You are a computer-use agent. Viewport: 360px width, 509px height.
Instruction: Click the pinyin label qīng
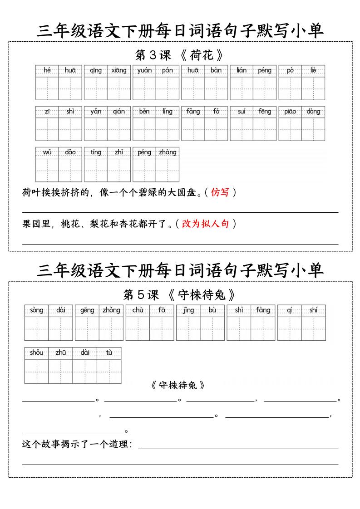96,70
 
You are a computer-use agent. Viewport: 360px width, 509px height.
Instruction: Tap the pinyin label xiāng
118,70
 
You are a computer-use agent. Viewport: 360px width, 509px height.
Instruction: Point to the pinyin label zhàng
168,152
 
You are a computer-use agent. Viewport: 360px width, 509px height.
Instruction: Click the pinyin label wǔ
47,152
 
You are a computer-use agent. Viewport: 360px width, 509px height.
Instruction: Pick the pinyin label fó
216,111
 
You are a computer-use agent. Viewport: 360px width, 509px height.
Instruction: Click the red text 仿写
220,192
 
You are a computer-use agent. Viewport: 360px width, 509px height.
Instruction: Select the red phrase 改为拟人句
205,224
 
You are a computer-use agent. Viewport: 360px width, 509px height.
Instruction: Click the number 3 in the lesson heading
153,55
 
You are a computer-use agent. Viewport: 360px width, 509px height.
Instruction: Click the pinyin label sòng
37,310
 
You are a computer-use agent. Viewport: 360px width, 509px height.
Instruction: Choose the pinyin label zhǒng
111,310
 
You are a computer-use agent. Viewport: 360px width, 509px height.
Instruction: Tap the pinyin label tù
109,352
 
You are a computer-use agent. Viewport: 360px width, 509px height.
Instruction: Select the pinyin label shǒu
37,352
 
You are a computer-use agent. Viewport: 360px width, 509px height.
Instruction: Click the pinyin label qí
290,310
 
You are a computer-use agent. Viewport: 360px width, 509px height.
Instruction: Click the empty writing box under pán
168,88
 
